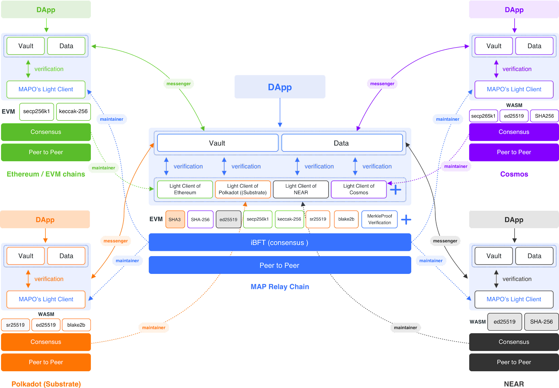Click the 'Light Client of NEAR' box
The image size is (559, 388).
pyautogui.click(x=301, y=189)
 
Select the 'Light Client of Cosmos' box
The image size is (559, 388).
pyautogui.click(x=359, y=189)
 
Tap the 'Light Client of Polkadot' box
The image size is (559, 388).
pyautogui.click(x=243, y=189)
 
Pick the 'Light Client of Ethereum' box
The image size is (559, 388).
pyautogui.click(x=185, y=189)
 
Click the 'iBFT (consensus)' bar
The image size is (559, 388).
pyautogui.click(x=279, y=242)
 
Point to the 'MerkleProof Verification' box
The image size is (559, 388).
pyautogui.click(x=379, y=219)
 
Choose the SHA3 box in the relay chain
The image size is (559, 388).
pyautogui.click(x=175, y=219)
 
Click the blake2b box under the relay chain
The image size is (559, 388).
pyautogui.click(x=346, y=219)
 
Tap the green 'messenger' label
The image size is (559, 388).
pyautogui.click(x=179, y=84)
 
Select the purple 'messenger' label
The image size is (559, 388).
pyautogui.click(x=382, y=84)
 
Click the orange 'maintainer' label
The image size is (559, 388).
pyautogui.click(x=154, y=328)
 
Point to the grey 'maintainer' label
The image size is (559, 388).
pyautogui.click(x=405, y=328)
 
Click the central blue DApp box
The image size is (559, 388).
pyautogui.click(x=280, y=87)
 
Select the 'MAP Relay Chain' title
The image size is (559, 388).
pyautogui.click(x=280, y=287)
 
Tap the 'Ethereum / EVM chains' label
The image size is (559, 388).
pyautogui.click(x=46, y=174)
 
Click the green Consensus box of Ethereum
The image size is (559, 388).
pyautogui.click(x=46, y=132)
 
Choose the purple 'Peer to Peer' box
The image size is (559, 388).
pyautogui.click(x=514, y=152)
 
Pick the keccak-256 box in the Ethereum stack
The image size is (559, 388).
pyautogui.click(x=73, y=112)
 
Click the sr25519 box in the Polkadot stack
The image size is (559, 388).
pyautogui.click(x=15, y=325)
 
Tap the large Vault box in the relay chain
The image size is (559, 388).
pyautogui.click(x=217, y=143)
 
